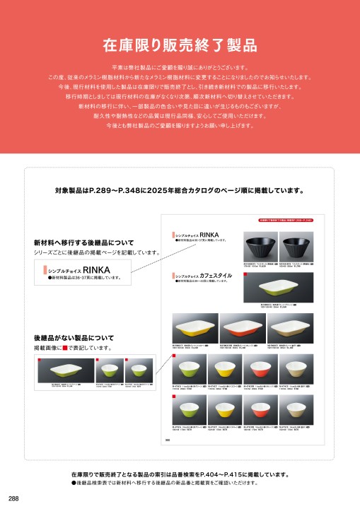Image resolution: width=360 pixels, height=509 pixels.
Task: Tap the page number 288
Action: coord(14,498)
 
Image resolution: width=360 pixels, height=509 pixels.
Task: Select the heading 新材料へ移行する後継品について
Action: coord(83,242)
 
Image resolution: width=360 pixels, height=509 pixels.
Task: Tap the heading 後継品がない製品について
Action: coord(74,339)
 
